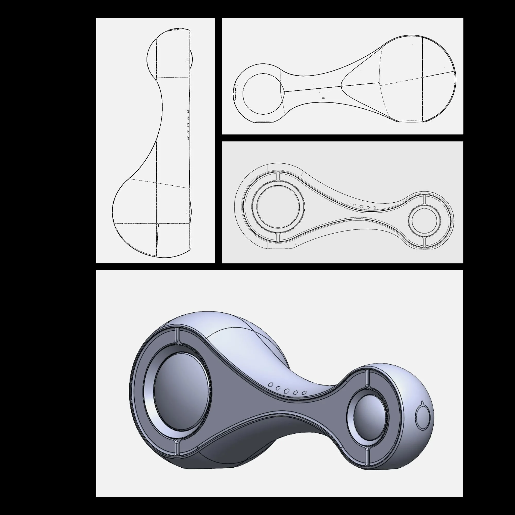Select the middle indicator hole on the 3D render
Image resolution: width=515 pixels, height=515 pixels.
(287, 391)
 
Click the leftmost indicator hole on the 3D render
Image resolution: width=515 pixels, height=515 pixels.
(271, 385)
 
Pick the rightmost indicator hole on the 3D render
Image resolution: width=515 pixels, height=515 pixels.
(304, 393)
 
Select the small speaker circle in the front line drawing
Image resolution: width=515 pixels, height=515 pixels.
(424, 220)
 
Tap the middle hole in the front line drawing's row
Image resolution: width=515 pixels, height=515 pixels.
(361, 206)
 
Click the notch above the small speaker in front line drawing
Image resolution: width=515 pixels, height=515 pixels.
(424, 199)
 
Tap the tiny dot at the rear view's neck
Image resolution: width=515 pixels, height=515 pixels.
(323, 98)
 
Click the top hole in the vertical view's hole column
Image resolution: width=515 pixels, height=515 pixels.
(188, 111)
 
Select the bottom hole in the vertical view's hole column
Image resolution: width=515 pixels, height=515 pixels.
(188, 138)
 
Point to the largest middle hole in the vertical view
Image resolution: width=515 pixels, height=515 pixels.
(188, 124)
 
